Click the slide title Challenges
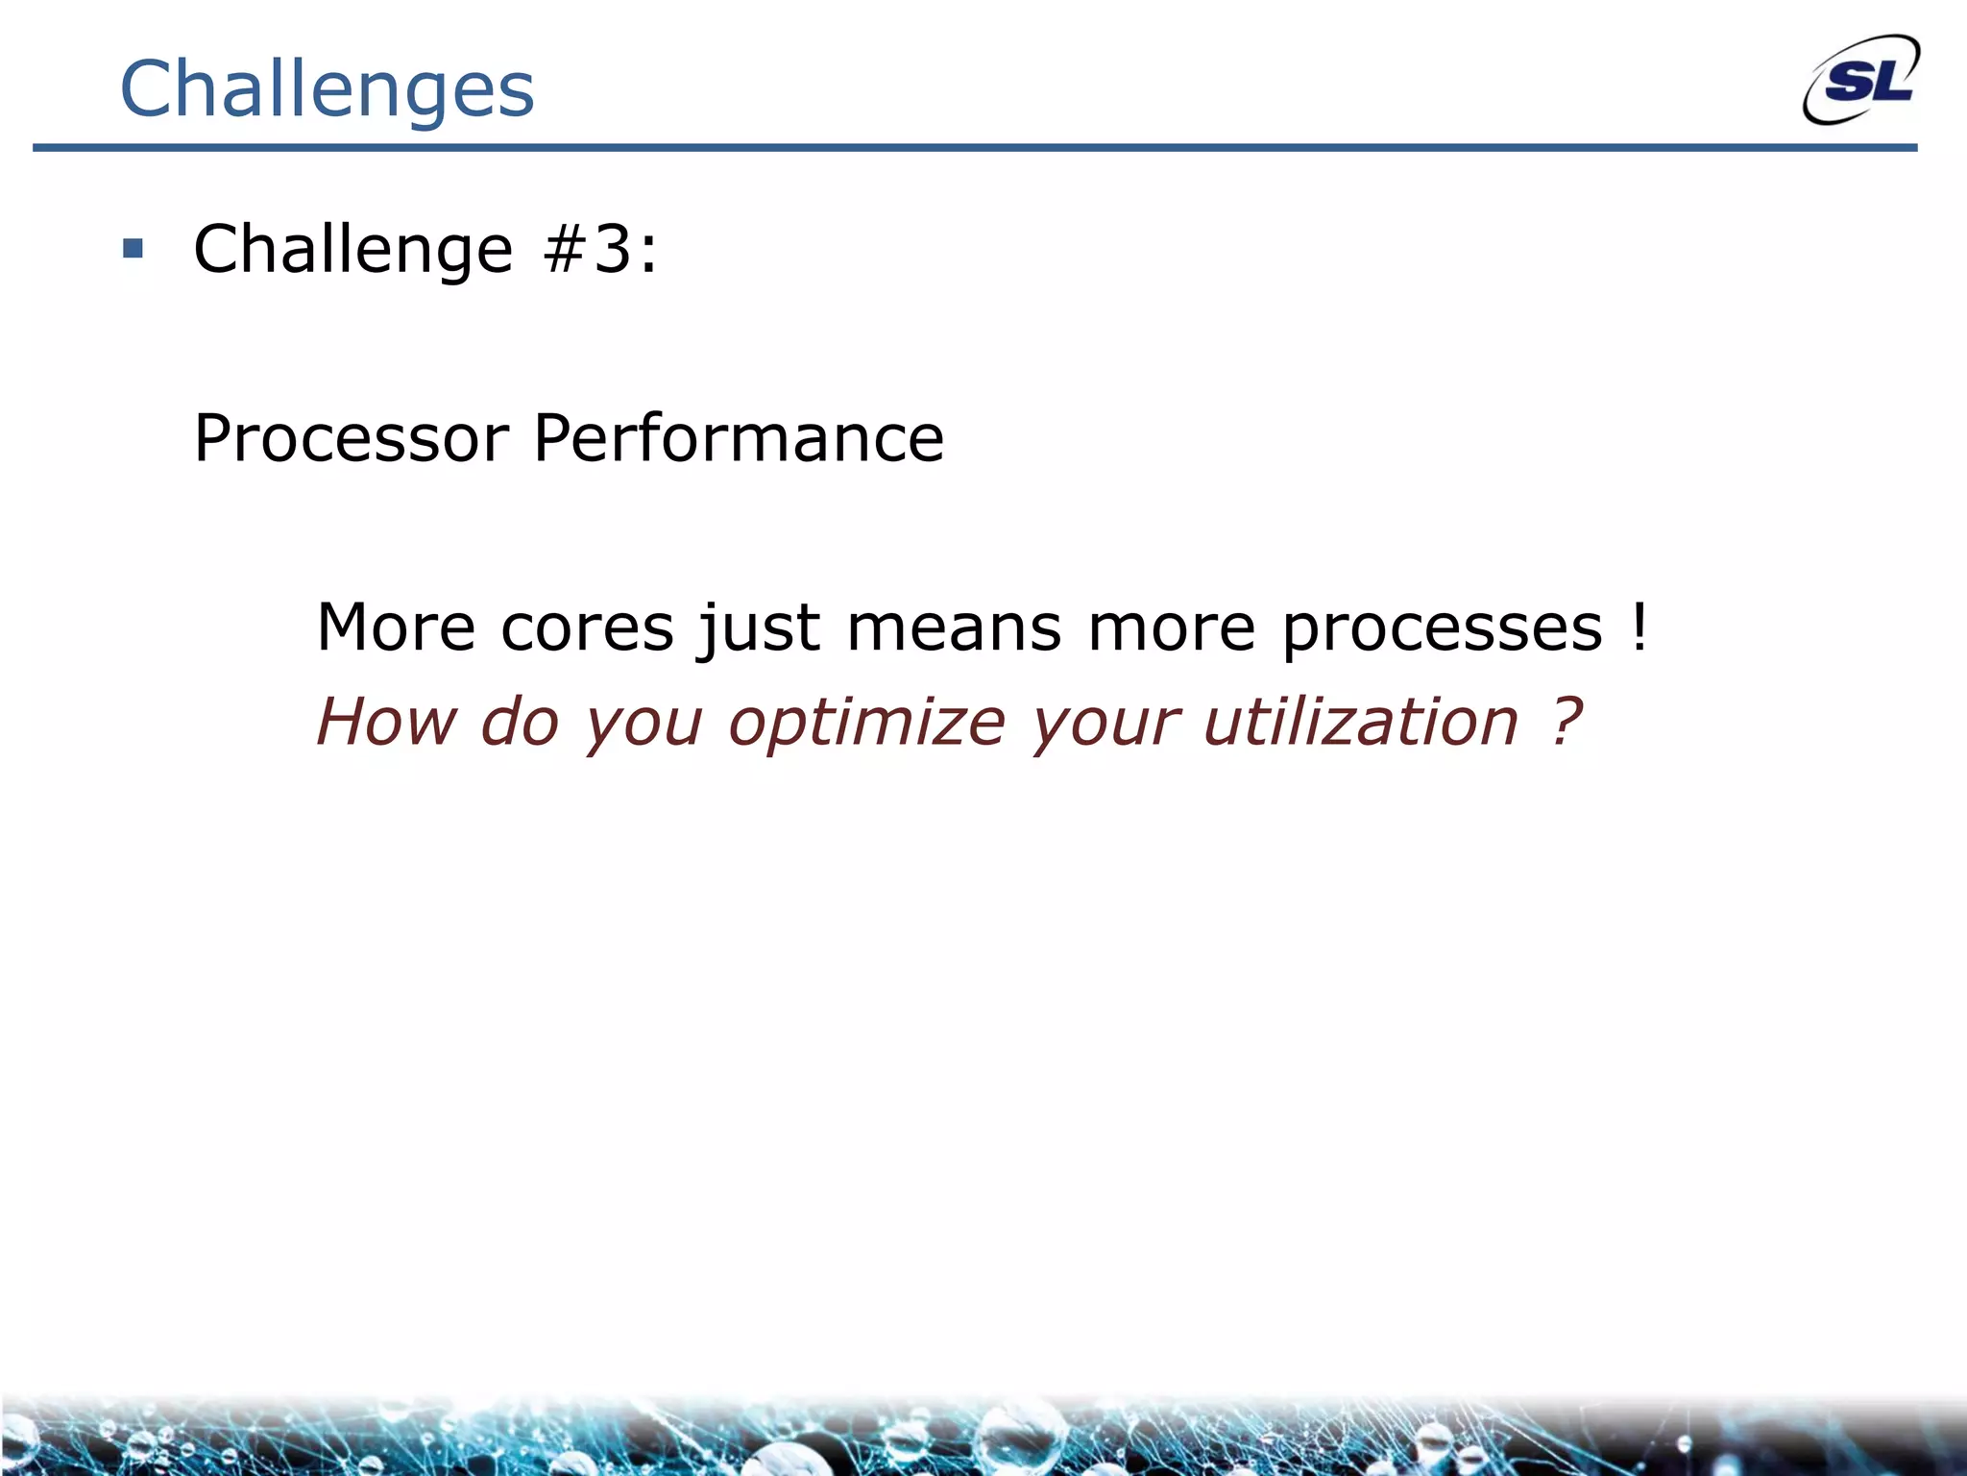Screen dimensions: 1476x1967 point(327,89)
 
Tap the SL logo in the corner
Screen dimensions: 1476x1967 point(1861,82)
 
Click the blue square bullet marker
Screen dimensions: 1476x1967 point(134,250)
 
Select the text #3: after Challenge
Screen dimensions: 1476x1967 point(600,249)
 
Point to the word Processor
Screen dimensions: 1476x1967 point(352,438)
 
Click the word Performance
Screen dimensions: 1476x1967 point(739,438)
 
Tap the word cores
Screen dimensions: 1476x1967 point(587,628)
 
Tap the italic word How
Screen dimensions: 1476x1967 point(387,721)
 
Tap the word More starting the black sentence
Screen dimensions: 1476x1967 point(396,628)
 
